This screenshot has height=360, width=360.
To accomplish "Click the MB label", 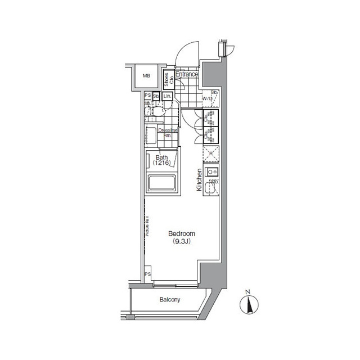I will [146, 76].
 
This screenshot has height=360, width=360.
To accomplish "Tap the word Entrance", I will [187, 74].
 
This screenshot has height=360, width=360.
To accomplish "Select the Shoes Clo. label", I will [168, 80].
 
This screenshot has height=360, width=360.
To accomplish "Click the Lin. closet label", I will [168, 96].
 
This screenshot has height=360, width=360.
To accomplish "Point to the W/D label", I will [207, 100].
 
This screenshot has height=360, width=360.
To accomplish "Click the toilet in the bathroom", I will [159, 109].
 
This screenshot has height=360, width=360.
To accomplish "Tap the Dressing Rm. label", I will [169, 133].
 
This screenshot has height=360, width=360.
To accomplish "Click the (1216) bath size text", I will [162, 163].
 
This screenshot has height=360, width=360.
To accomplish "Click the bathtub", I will [162, 184].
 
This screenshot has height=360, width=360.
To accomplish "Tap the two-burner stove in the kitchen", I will [211, 172].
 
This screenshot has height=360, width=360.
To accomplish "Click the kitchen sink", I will [210, 188].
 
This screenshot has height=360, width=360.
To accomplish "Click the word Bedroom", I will [182, 233].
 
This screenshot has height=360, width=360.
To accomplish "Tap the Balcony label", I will [168, 300].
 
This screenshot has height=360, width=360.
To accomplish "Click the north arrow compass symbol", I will [247, 304].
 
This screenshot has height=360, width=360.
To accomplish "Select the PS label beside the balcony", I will [147, 274].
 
